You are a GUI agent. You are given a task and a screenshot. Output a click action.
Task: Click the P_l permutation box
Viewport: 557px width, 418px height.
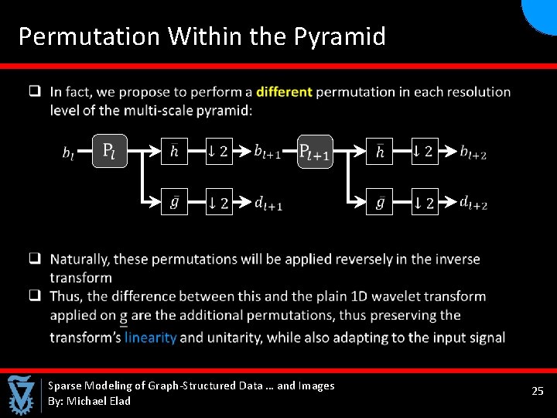tap(109, 149)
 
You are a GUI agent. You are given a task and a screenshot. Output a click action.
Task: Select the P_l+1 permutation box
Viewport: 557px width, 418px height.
tap(315, 151)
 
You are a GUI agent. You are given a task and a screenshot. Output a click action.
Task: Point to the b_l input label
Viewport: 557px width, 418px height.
tap(69, 152)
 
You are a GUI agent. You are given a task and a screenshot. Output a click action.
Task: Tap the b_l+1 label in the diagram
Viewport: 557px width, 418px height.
tap(268, 151)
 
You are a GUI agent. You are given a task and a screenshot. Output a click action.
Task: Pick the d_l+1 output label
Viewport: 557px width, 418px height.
tap(268, 204)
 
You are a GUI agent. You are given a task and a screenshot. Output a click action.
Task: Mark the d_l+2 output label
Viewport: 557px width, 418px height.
tap(473, 203)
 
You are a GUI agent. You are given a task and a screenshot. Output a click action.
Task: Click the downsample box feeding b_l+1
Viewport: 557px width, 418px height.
tap(218, 151)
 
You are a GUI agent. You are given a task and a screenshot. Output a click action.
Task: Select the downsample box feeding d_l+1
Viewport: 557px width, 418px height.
tap(218, 203)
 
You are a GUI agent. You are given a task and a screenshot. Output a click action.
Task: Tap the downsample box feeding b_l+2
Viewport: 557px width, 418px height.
tap(424, 151)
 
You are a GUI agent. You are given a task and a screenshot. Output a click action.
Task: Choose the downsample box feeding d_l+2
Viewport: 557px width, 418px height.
tap(424, 203)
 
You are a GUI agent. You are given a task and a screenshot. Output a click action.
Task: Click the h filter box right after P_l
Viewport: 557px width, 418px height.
tap(174, 151)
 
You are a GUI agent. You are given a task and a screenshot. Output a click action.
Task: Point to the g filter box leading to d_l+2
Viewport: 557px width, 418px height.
tap(379, 203)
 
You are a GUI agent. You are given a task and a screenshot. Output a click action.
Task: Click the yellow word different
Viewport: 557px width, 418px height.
tap(284, 91)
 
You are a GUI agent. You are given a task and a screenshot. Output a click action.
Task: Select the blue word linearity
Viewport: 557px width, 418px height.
tap(151, 337)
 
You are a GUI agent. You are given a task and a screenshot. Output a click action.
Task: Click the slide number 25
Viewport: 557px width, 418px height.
tap(538, 392)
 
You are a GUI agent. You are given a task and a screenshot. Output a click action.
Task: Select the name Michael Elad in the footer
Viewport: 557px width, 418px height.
tap(99, 401)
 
